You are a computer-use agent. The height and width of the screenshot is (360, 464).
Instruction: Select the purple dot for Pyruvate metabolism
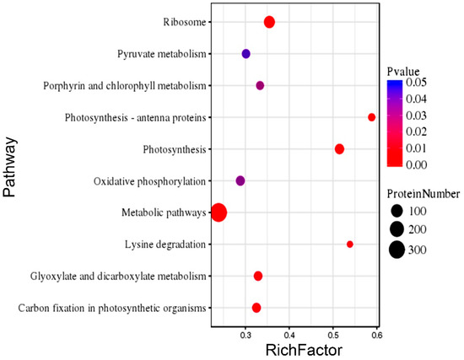coord(246,54)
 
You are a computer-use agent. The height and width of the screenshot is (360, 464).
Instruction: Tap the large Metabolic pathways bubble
coord(219,212)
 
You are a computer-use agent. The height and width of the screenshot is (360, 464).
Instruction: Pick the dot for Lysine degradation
coord(350,244)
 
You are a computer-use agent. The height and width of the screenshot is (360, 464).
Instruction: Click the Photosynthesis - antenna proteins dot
coord(371,117)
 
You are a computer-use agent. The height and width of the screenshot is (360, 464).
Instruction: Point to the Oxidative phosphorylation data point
coord(240,181)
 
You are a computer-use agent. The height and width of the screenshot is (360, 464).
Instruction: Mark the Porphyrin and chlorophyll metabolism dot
coord(260,86)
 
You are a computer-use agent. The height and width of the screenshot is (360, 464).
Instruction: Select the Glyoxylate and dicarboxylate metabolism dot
coord(258,277)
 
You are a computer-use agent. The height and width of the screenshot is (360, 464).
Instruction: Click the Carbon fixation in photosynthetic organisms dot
coord(256,308)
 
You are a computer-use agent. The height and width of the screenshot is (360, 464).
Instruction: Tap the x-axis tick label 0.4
coord(289,335)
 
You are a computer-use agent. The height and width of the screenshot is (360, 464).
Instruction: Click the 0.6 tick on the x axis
coord(376,335)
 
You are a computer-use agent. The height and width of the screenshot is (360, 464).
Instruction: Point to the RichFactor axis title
coord(296,350)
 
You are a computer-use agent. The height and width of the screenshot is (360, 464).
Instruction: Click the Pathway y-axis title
coord(11,169)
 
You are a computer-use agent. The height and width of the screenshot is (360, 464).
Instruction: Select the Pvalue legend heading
coord(404,71)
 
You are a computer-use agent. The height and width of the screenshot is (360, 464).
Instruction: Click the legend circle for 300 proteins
coord(397,250)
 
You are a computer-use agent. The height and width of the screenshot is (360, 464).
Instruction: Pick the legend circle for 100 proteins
coord(397,210)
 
